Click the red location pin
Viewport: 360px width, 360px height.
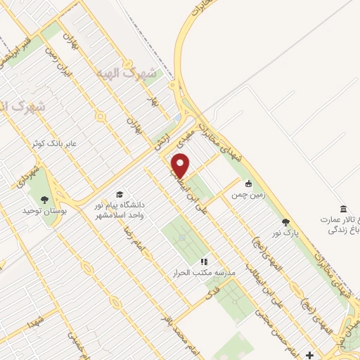click(x=181, y=165)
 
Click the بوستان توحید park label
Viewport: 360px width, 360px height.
click(x=43, y=211)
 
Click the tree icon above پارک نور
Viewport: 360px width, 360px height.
click(x=285, y=221)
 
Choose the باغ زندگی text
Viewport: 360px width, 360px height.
click(x=340, y=228)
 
